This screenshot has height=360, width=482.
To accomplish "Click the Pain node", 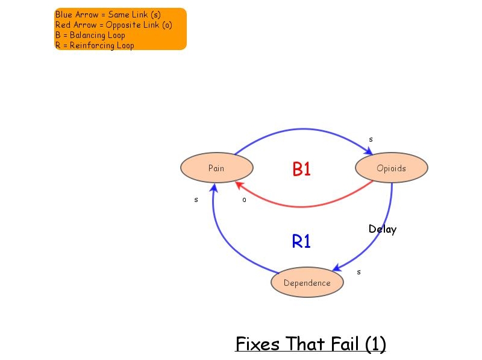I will pos(216,168).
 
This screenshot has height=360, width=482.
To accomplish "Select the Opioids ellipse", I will pos(391,168).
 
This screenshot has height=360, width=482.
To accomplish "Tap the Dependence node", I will pos(307,283).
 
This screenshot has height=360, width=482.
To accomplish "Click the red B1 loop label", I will pos(301,169).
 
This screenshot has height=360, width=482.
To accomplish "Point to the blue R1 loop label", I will pos(301,241).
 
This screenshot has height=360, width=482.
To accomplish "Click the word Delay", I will pos(383,229).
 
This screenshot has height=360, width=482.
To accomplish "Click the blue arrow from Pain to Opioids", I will pos(301,129).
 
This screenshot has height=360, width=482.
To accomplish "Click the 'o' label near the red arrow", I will pos(244,200).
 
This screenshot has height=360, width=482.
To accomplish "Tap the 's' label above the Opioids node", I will pos(371,140).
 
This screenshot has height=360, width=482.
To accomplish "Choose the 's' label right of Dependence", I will pos(359,272).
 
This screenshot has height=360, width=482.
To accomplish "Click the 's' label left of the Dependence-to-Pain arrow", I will pos(196,200).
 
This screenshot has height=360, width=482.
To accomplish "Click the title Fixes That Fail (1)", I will pos(310,344).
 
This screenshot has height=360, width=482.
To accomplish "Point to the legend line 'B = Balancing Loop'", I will pos(90,35).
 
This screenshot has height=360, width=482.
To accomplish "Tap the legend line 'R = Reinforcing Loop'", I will pos(95,45).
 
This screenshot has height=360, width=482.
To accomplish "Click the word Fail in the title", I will pos(346,344).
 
